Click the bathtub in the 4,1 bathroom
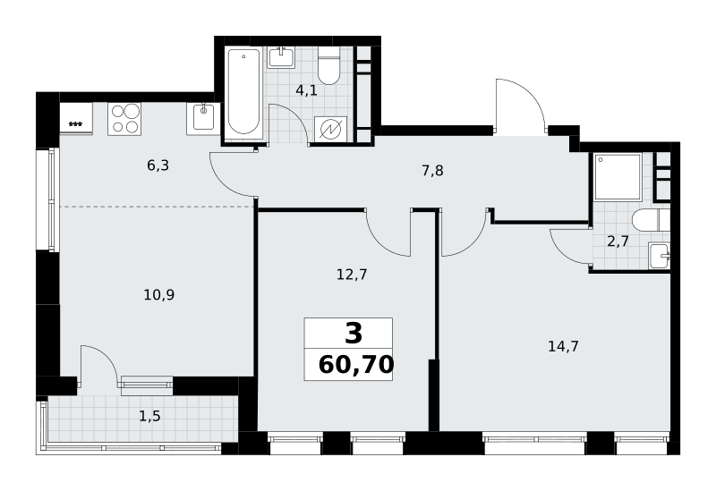(243, 93)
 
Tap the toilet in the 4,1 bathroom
(328, 69)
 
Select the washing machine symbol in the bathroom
(330, 129)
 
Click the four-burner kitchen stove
(124, 119)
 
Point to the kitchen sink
(203, 118)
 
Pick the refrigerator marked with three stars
(76, 118)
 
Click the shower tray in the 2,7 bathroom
(618, 176)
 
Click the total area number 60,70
(356, 365)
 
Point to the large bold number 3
(354, 333)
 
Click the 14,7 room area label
(563, 347)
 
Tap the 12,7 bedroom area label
(352, 275)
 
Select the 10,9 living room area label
(159, 295)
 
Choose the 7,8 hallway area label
(432, 171)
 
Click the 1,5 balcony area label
(149, 417)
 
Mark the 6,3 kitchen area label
(158, 165)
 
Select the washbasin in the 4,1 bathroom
(281, 58)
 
